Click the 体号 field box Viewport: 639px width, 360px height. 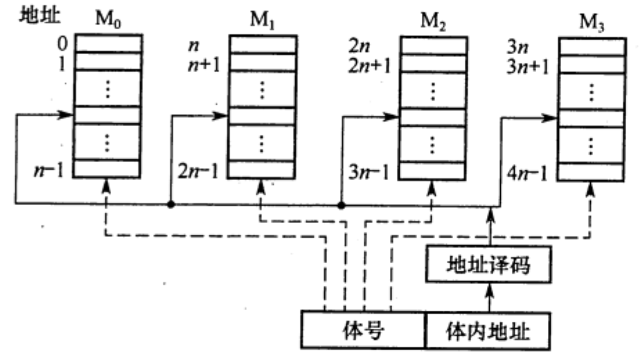[x=363, y=330]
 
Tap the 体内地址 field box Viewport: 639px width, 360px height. [x=489, y=330]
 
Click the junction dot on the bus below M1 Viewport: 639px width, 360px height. [x=170, y=204]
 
